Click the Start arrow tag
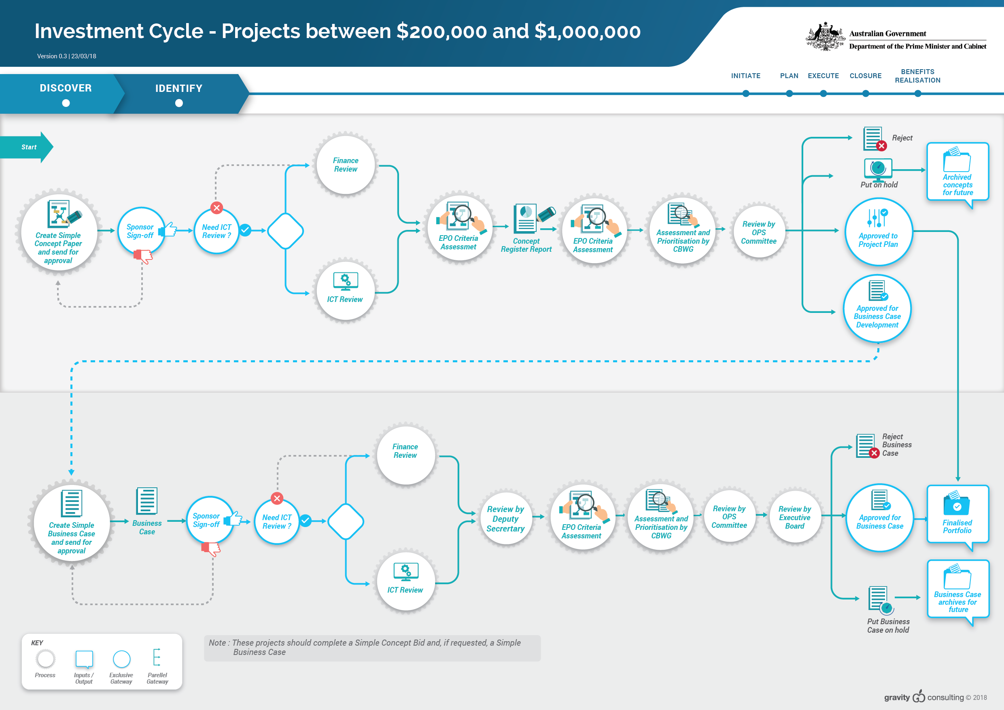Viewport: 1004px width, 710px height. point(26,147)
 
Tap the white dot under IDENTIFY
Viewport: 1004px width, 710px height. point(179,103)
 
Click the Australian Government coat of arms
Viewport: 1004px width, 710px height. point(825,36)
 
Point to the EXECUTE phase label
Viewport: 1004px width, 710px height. point(823,76)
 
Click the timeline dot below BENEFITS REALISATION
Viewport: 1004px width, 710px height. point(918,94)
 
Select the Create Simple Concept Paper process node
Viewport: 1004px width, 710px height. point(59,232)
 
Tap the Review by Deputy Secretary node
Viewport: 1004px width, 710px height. point(505,519)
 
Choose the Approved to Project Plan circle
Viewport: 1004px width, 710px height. point(878,232)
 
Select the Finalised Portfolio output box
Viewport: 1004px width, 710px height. point(957,516)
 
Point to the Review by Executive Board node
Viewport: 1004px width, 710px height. point(794,517)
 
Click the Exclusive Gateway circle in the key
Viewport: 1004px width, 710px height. point(121,659)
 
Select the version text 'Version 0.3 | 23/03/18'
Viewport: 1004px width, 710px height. point(66,56)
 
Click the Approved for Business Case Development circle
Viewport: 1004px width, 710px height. point(877,308)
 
